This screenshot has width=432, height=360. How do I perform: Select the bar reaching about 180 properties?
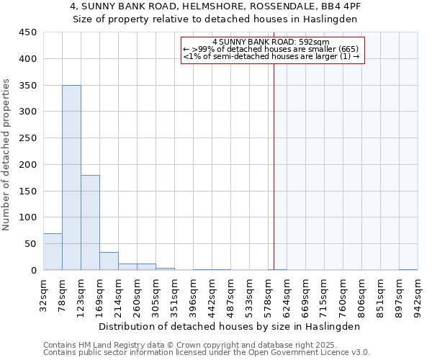(x=90, y=222)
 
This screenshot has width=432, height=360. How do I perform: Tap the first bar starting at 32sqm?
(x=53, y=252)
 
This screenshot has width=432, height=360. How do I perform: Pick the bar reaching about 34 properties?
(x=109, y=261)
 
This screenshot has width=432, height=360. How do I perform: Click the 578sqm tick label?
(x=268, y=293)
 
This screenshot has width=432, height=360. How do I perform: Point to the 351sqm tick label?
(x=174, y=293)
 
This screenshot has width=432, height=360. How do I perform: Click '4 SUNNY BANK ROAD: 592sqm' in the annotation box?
(x=271, y=42)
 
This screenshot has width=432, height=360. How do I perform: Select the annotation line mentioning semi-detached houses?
(x=271, y=56)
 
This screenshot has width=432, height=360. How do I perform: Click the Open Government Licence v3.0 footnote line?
(x=206, y=353)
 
